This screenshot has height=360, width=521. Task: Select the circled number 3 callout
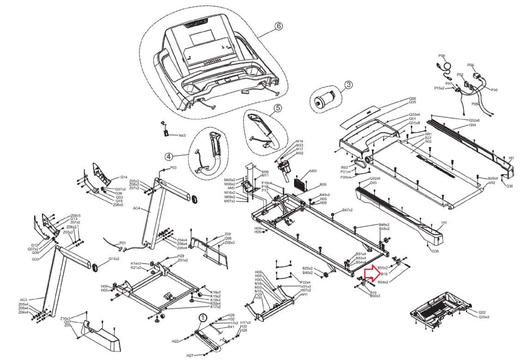(348, 85)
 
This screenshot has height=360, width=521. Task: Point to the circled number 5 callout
(277, 108)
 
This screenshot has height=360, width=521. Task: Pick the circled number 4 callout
(168, 157)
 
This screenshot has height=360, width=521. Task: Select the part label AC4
(137, 208)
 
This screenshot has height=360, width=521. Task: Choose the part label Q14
(124, 178)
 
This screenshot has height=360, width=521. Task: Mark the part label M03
(313, 171)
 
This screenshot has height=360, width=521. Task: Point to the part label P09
(442, 56)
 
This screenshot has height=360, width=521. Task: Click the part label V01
(511, 158)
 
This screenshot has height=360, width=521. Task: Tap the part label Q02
(482, 312)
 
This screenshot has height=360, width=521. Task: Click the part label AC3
(23, 300)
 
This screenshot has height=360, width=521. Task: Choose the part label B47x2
(347, 210)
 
